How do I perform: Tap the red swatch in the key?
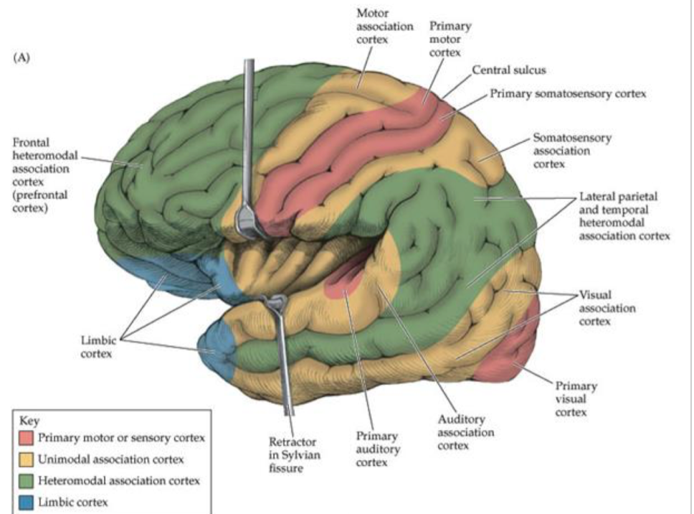click(27, 437)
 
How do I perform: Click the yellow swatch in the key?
click(27, 459)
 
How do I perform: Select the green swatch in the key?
click(27, 480)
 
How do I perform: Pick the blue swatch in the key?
click(27, 502)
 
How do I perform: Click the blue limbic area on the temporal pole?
click(219, 345)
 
